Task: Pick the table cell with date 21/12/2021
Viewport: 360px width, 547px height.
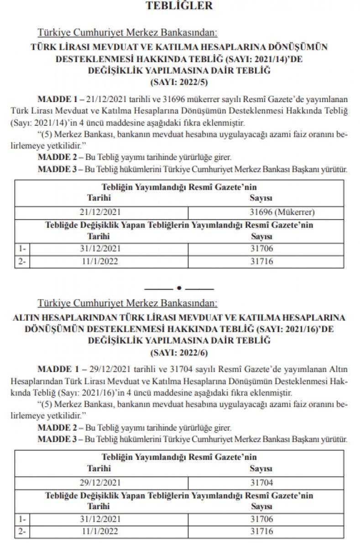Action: (x=99, y=212)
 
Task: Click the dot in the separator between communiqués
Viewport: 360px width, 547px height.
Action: (x=179, y=288)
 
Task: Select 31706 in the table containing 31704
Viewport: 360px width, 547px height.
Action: (x=261, y=519)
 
